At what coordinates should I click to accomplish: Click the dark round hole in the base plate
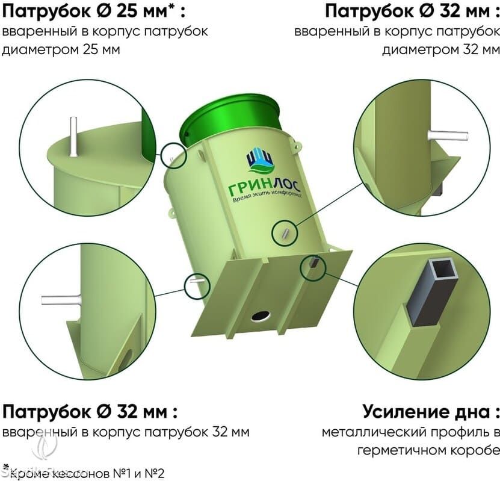click(261, 316)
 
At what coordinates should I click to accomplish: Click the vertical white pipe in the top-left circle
click(73, 137)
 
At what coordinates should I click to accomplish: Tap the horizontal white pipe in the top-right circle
click(448, 135)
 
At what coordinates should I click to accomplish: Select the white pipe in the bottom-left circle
click(61, 300)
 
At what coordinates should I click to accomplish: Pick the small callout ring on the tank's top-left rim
click(173, 155)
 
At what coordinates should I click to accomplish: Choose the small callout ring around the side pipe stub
click(285, 232)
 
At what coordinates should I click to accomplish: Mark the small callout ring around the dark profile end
click(312, 268)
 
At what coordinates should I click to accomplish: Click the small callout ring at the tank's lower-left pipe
click(197, 285)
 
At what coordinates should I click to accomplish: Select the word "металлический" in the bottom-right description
click(369, 432)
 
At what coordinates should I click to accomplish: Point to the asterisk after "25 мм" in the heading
click(171, 7)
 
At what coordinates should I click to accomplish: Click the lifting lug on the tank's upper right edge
click(296, 144)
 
